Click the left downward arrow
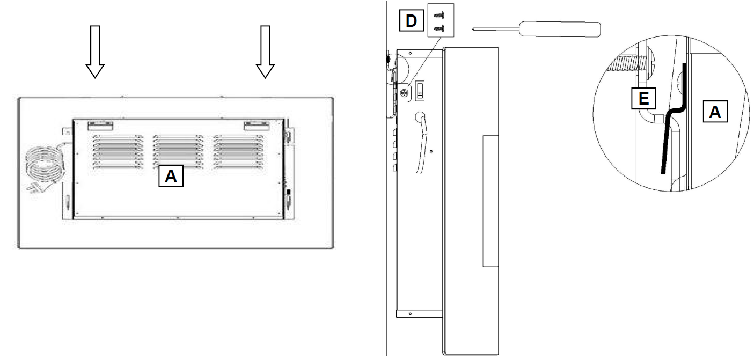95,52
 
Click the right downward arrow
265,52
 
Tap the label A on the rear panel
171,175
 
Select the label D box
411,21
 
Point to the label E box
643,99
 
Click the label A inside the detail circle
715,112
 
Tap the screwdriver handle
560,29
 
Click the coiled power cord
46,168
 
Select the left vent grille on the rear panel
118,151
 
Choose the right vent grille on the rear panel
239,151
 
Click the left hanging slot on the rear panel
100,126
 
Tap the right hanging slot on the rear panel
257,126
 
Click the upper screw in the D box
439,15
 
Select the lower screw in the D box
439,28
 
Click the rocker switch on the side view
420,91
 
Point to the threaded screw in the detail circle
630,64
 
